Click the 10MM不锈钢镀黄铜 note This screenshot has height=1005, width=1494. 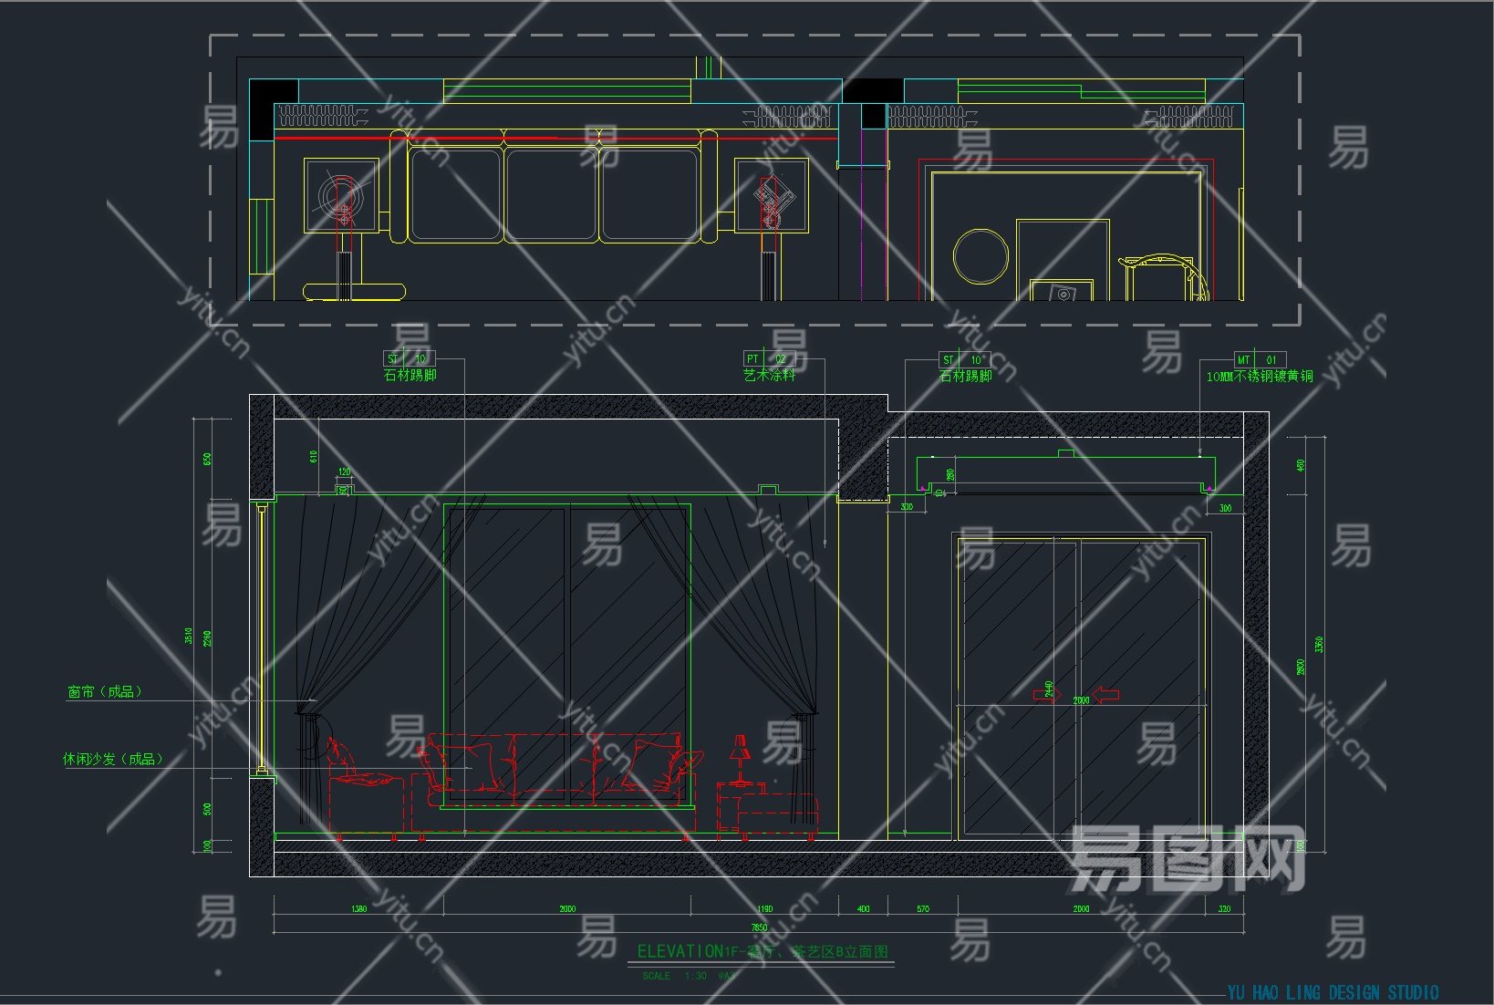tap(1260, 376)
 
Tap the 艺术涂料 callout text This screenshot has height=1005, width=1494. tap(769, 374)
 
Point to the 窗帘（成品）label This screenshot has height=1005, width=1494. tap(105, 691)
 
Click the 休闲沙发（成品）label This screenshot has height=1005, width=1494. tap(113, 758)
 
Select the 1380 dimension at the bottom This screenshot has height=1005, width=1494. tap(359, 908)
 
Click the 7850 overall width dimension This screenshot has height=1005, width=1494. tap(759, 927)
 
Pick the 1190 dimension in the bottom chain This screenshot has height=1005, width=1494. tap(764, 908)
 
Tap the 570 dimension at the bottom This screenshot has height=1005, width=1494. tap(923, 908)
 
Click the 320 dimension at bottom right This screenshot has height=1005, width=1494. tap(1224, 908)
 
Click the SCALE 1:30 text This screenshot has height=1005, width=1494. tap(675, 976)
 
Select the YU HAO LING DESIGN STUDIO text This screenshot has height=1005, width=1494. tap(1333, 992)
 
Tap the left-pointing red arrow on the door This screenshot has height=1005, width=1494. tap(1105, 695)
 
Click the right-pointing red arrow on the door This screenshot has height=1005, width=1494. tap(1046, 696)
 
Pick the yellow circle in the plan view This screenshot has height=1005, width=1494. tap(980, 256)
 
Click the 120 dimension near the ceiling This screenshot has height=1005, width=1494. tap(344, 472)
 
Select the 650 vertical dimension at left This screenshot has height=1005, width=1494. tap(207, 459)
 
